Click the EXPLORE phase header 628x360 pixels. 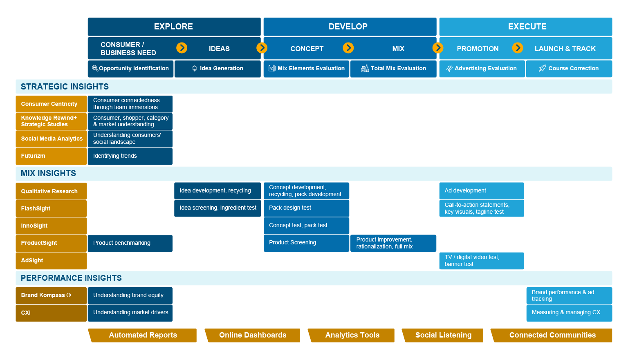[x=174, y=27]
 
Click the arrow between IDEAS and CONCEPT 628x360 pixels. [x=262, y=48]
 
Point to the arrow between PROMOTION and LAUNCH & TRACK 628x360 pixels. [x=518, y=48]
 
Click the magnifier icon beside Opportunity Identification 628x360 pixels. [x=95, y=68]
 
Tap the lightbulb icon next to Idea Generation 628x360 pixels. [x=195, y=69]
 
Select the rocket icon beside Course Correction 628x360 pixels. [x=542, y=68]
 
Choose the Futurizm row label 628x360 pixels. [x=51, y=156]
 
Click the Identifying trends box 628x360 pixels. [x=130, y=156]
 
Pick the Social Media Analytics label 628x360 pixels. [x=51, y=139]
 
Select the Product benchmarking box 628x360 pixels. [x=130, y=243]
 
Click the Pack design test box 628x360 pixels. [x=306, y=208]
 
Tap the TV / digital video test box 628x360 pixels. [x=481, y=261]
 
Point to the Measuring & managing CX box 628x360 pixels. [x=569, y=313]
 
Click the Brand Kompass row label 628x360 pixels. [x=51, y=295]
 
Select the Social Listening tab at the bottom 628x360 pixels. [x=443, y=335]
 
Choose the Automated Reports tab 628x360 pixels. [x=143, y=335]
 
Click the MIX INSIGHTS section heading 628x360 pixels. [x=48, y=173]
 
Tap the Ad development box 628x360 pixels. [x=481, y=191]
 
